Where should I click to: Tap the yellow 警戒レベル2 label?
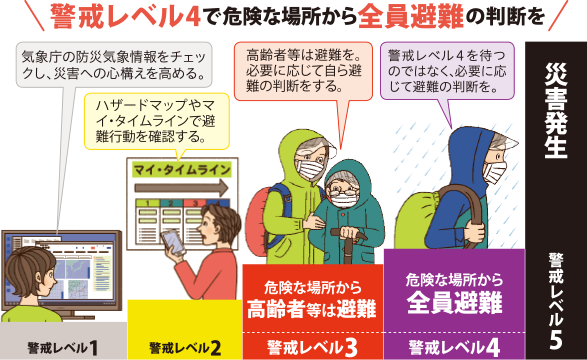coord(185,347)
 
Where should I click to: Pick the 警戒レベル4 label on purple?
coord(454,346)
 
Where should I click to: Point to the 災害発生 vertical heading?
coord(556,110)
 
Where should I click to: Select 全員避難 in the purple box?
coord(455,301)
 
